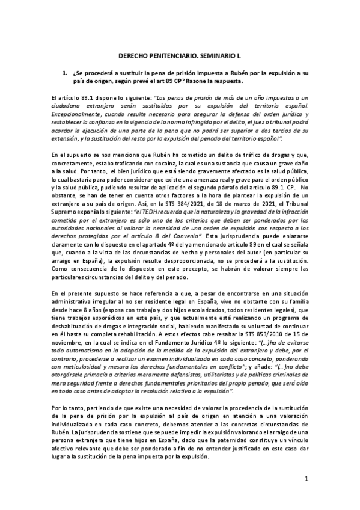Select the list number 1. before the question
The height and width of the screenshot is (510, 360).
[x=64, y=72]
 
